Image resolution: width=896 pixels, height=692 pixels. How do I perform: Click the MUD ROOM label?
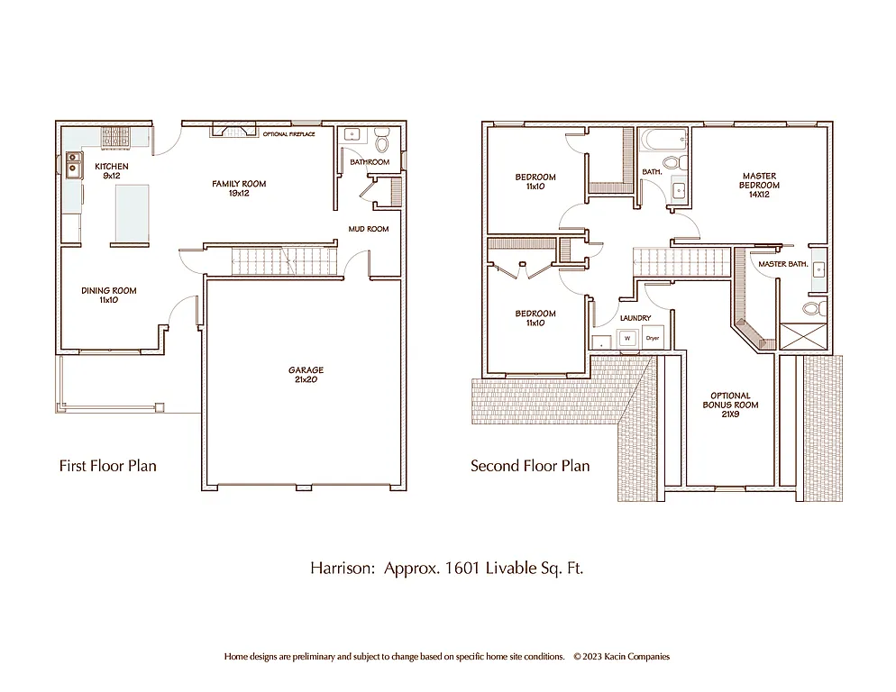click(369, 229)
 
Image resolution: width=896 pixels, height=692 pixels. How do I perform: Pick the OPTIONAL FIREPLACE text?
click(288, 134)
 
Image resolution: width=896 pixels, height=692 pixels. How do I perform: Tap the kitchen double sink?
click(73, 163)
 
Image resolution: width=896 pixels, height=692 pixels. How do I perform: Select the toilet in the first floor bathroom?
click(380, 142)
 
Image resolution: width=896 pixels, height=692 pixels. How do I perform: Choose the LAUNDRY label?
click(635, 318)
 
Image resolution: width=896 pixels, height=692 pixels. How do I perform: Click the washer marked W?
click(627, 338)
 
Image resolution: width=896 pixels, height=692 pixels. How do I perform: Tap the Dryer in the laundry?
click(653, 338)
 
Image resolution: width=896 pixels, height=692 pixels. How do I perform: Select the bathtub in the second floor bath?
click(663, 141)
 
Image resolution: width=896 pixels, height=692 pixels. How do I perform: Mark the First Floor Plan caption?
click(107, 466)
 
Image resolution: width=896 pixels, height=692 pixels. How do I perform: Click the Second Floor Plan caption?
click(530, 466)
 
